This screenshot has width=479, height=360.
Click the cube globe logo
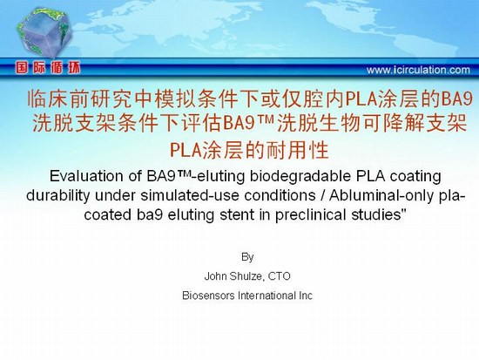click(x=44, y=32)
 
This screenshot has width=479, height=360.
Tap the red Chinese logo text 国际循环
click(x=48, y=67)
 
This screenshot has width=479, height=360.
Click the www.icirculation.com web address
click(x=418, y=70)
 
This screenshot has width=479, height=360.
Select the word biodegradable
click(x=300, y=177)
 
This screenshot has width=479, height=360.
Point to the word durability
click(x=58, y=196)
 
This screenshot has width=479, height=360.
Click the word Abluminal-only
click(x=381, y=196)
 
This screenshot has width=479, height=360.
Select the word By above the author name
click(x=247, y=257)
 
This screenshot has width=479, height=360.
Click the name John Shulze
click(x=233, y=276)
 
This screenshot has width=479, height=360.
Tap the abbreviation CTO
click(x=280, y=276)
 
